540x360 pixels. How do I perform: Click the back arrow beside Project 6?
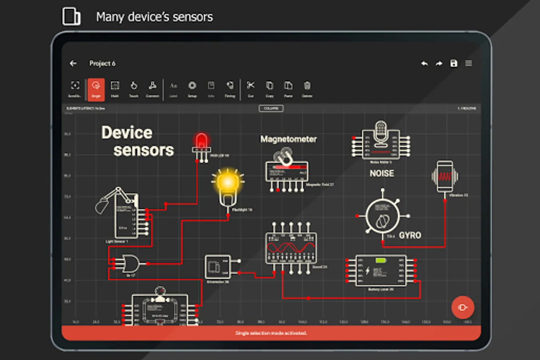click(73, 63)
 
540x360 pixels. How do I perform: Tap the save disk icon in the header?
click(454, 63)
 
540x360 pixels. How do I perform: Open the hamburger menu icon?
click(468, 63)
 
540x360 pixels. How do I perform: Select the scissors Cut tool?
click(251, 88)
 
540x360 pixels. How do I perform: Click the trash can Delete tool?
click(307, 88)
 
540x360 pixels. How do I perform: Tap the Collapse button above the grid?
click(271, 108)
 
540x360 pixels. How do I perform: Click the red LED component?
click(201, 142)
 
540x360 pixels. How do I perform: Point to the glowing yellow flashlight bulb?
click(228, 183)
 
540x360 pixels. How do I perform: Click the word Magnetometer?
click(288, 139)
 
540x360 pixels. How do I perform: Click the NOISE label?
click(382, 174)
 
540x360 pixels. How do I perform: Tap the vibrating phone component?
click(445, 176)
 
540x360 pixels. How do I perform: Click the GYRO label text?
click(410, 236)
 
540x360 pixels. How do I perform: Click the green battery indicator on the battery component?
click(380, 260)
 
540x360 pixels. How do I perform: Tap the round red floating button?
click(462, 307)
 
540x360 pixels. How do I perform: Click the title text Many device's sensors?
click(154, 17)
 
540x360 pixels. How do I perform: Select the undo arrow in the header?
click(424, 63)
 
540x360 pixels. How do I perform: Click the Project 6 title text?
click(102, 63)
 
